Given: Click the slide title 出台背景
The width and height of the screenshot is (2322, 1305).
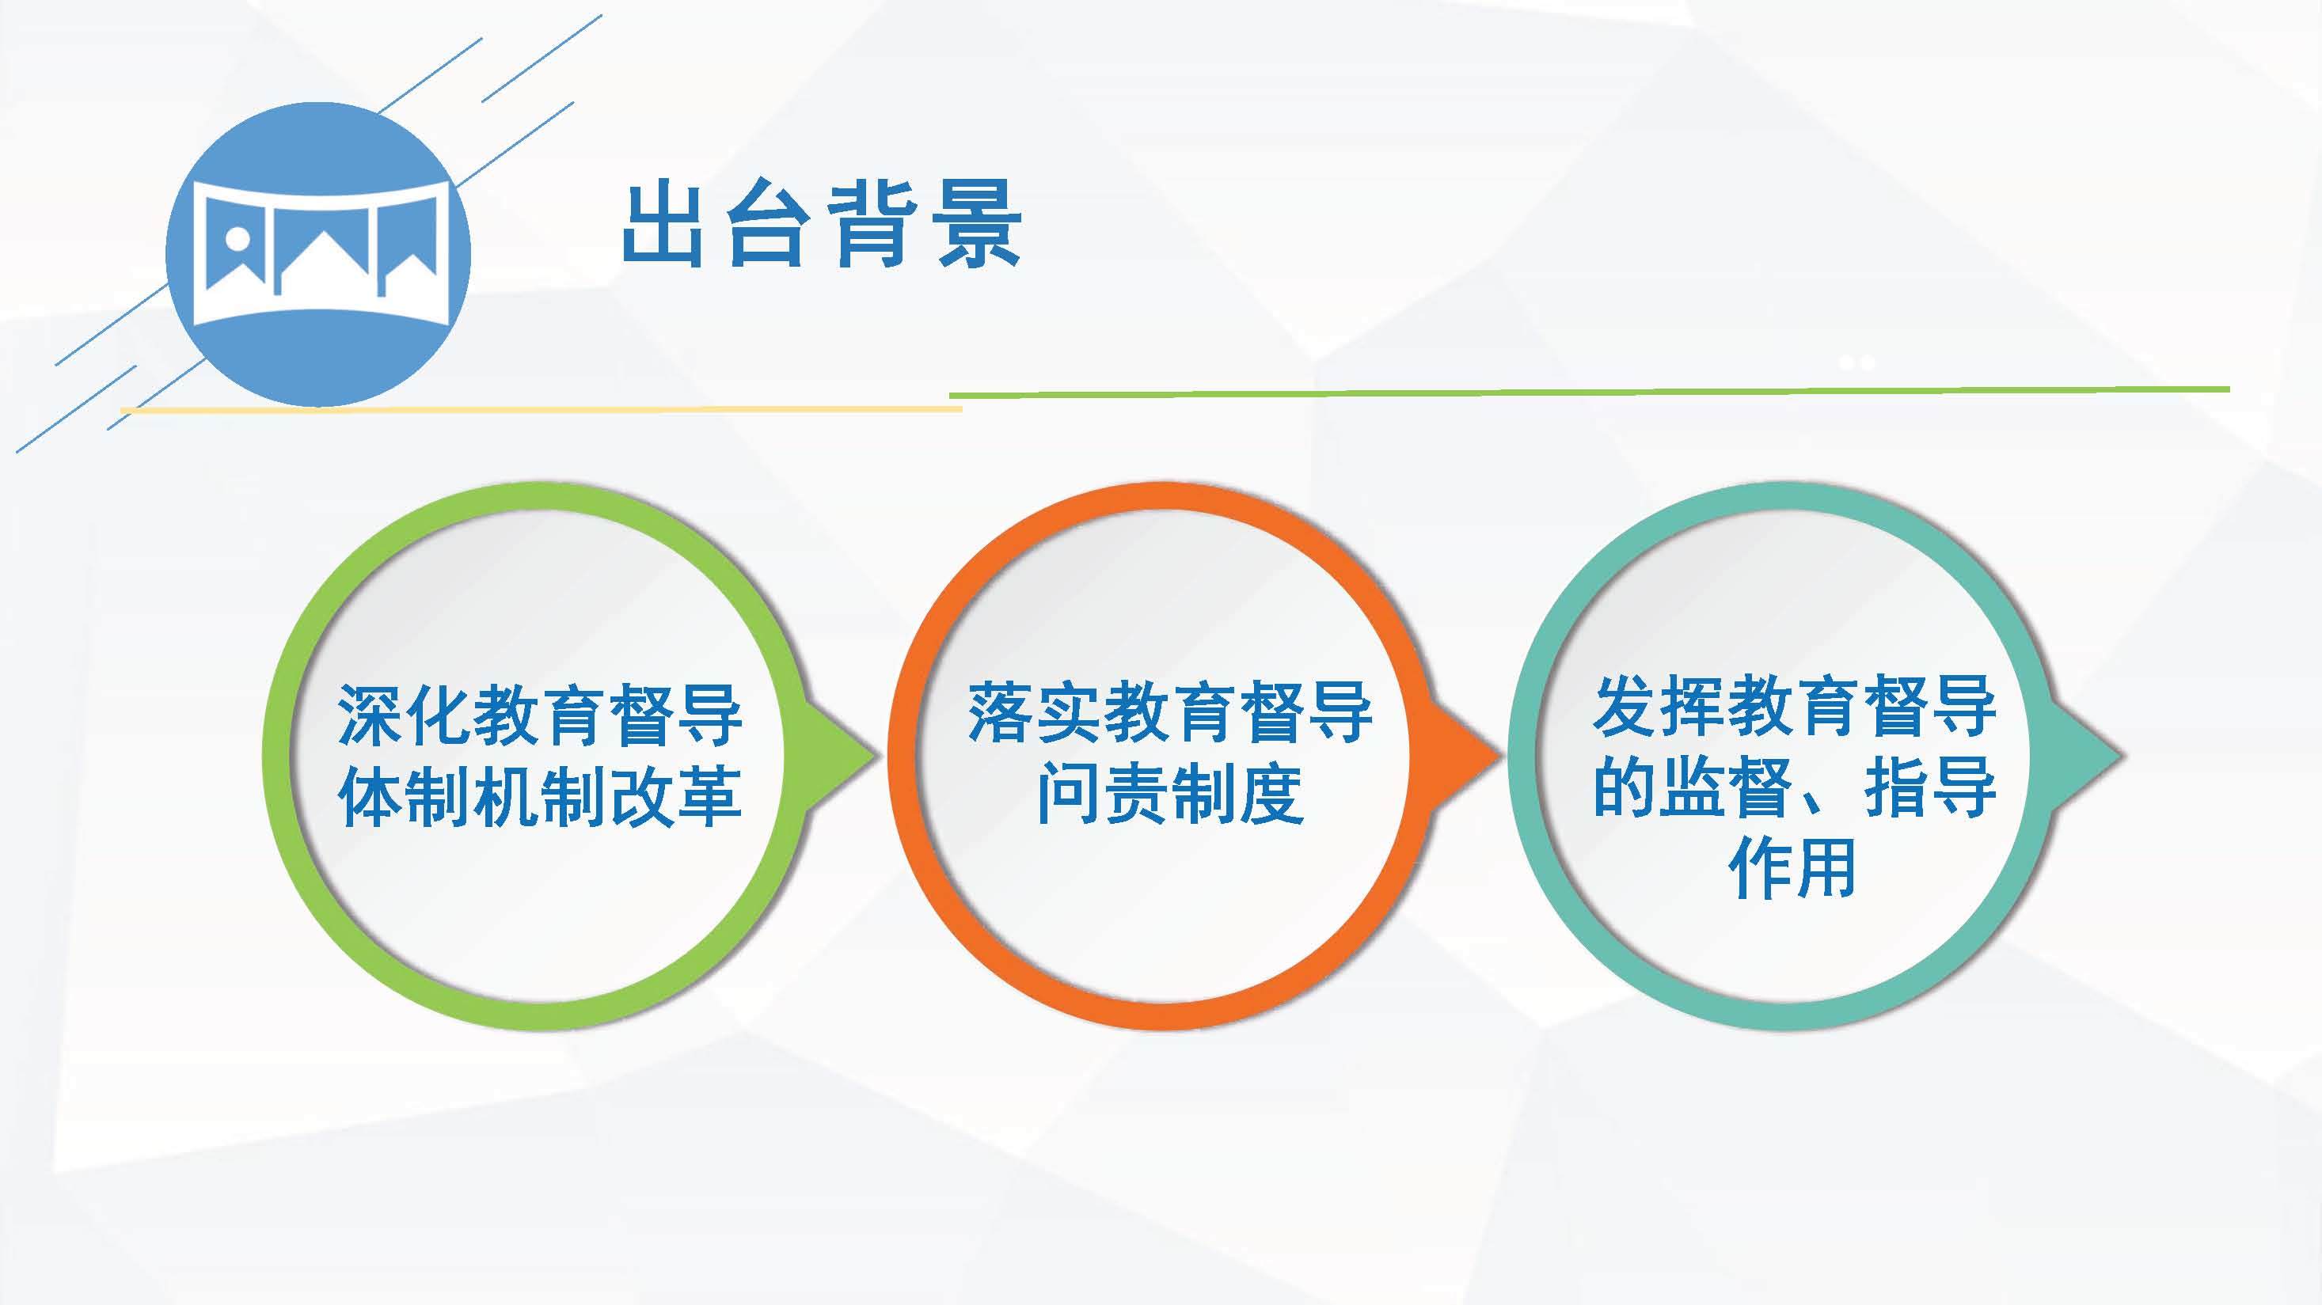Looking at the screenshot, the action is coord(822,226).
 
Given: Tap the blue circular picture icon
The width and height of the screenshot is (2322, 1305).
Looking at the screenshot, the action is coord(318,254).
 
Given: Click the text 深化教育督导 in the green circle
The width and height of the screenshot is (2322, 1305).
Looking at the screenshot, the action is coord(540,715).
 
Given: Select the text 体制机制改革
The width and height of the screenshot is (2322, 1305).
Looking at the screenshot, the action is coord(540,796).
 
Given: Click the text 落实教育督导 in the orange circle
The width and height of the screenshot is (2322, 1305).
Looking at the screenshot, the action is coord(1170,713).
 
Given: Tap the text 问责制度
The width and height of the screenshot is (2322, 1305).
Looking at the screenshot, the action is coord(1170,793).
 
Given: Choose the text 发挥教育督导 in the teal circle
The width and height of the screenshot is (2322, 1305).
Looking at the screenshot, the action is coord(1794,708).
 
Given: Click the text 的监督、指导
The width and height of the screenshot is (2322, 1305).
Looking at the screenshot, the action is coord(1794,787).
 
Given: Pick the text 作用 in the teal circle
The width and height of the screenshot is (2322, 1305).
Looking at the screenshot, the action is coord(1794,867).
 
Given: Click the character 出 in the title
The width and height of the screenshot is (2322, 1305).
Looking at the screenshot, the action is coord(663,226).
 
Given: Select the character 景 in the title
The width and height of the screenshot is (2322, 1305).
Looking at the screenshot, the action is coord(981,226).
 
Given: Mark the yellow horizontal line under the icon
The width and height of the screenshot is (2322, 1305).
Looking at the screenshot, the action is coord(541,409).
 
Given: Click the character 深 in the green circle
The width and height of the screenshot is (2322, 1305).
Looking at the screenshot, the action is coord(371,715).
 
